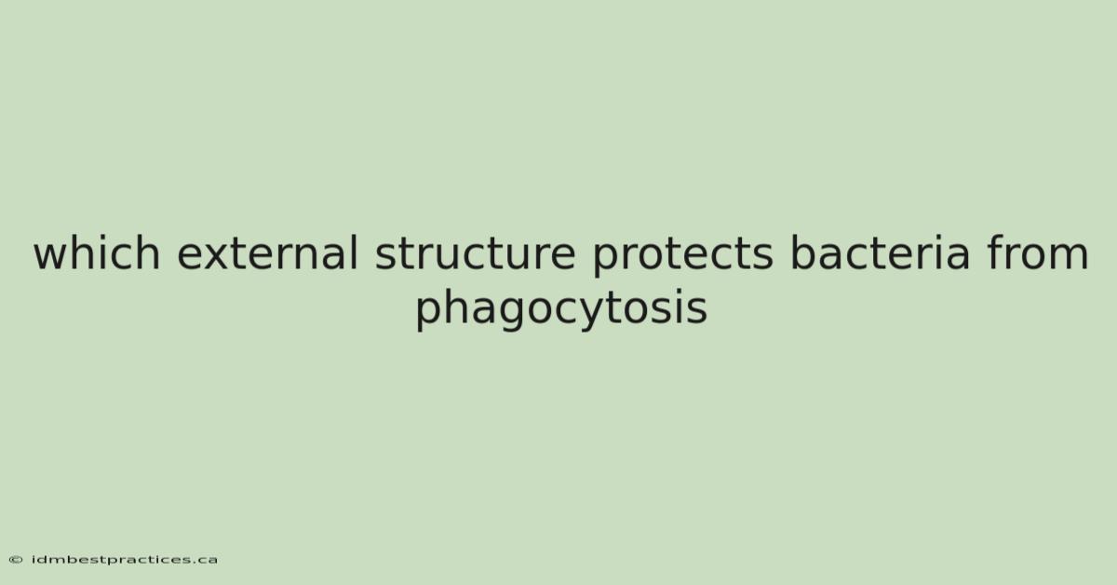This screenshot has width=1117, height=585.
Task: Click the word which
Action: (x=97, y=252)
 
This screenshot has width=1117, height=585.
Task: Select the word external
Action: (x=268, y=252)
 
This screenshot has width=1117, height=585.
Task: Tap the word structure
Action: (x=476, y=253)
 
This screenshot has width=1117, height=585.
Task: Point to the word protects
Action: (x=682, y=256)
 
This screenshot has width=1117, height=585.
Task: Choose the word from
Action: (x=1037, y=252)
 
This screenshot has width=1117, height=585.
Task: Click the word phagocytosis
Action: (x=561, y=308)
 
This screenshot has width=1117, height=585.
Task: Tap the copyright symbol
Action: (x=16, y=560)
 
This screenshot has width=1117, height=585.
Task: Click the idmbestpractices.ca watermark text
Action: (x=124, y=560)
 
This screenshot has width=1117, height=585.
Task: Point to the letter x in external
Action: (x=218, y=256)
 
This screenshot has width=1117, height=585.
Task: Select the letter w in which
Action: (x=52, y=256)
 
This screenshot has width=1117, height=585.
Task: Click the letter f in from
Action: (x=994, y=252)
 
